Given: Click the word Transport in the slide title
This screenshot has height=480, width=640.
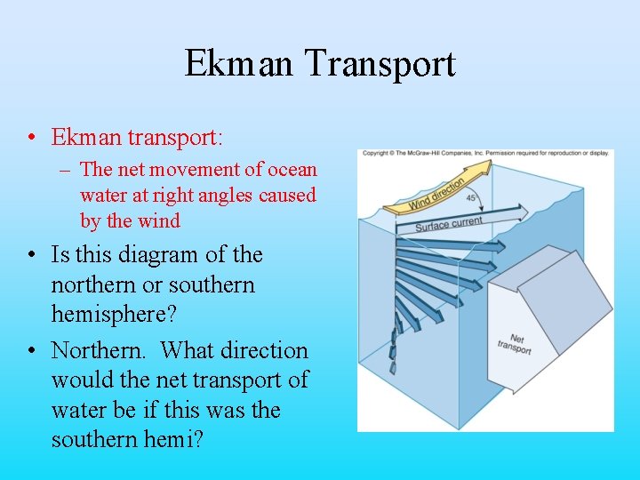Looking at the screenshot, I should point(380,65).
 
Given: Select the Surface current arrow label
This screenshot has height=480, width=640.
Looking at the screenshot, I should point(449,223).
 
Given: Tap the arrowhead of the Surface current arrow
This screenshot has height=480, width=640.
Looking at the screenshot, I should point(517,212).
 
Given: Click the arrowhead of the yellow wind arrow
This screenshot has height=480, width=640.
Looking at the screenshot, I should point(478,173).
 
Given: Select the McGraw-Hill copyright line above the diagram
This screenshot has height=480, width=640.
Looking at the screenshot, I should point(485,153).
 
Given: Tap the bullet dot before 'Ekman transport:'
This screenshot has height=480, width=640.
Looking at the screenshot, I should point(32,138).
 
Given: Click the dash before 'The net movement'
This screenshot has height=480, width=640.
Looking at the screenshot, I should point(68,169).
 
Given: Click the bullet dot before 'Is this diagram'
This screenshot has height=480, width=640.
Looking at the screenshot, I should point(32,255).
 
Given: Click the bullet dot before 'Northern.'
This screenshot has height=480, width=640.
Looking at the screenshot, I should point(32,350).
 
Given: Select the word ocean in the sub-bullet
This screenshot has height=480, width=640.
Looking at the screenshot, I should point(292,169).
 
